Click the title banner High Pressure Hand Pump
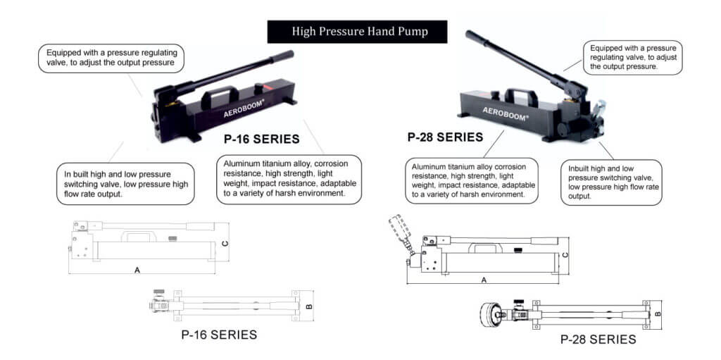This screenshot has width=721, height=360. click(x=357, y=32)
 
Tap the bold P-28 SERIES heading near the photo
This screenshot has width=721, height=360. click(x=445, y=137)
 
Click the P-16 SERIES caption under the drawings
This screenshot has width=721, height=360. click(x=219, y=335)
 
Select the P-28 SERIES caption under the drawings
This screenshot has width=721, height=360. click(x=598, y=340)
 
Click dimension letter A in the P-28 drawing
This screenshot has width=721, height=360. click(x=484, y=280)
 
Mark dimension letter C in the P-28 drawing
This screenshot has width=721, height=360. click(x=565, y=254)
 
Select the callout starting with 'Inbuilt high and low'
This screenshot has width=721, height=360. click(x=611, y=182)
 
